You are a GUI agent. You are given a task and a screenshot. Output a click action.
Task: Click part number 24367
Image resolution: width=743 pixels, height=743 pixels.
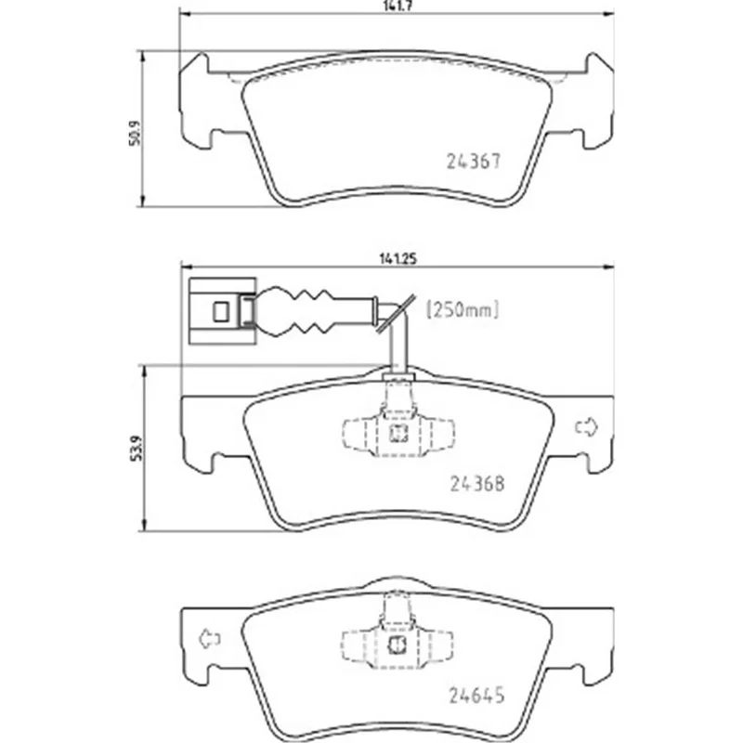(474, 162)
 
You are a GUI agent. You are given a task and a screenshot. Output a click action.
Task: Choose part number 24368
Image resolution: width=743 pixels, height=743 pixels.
(476, 484)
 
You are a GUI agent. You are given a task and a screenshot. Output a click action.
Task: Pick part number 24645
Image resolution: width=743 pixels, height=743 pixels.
(476, 695)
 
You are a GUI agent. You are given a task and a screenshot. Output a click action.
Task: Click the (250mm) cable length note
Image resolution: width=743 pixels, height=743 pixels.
(463, 310)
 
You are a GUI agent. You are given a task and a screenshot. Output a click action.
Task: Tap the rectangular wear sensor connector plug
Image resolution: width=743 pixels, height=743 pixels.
(222, 311)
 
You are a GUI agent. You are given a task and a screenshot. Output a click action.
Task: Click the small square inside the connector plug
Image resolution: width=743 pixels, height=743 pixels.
(220, 312)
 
